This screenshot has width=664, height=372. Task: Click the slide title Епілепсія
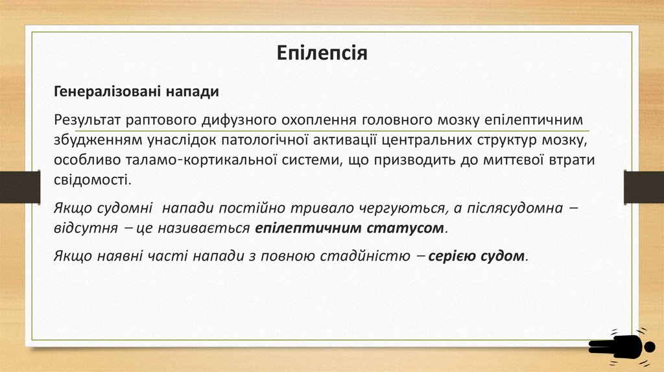[322, 52]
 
